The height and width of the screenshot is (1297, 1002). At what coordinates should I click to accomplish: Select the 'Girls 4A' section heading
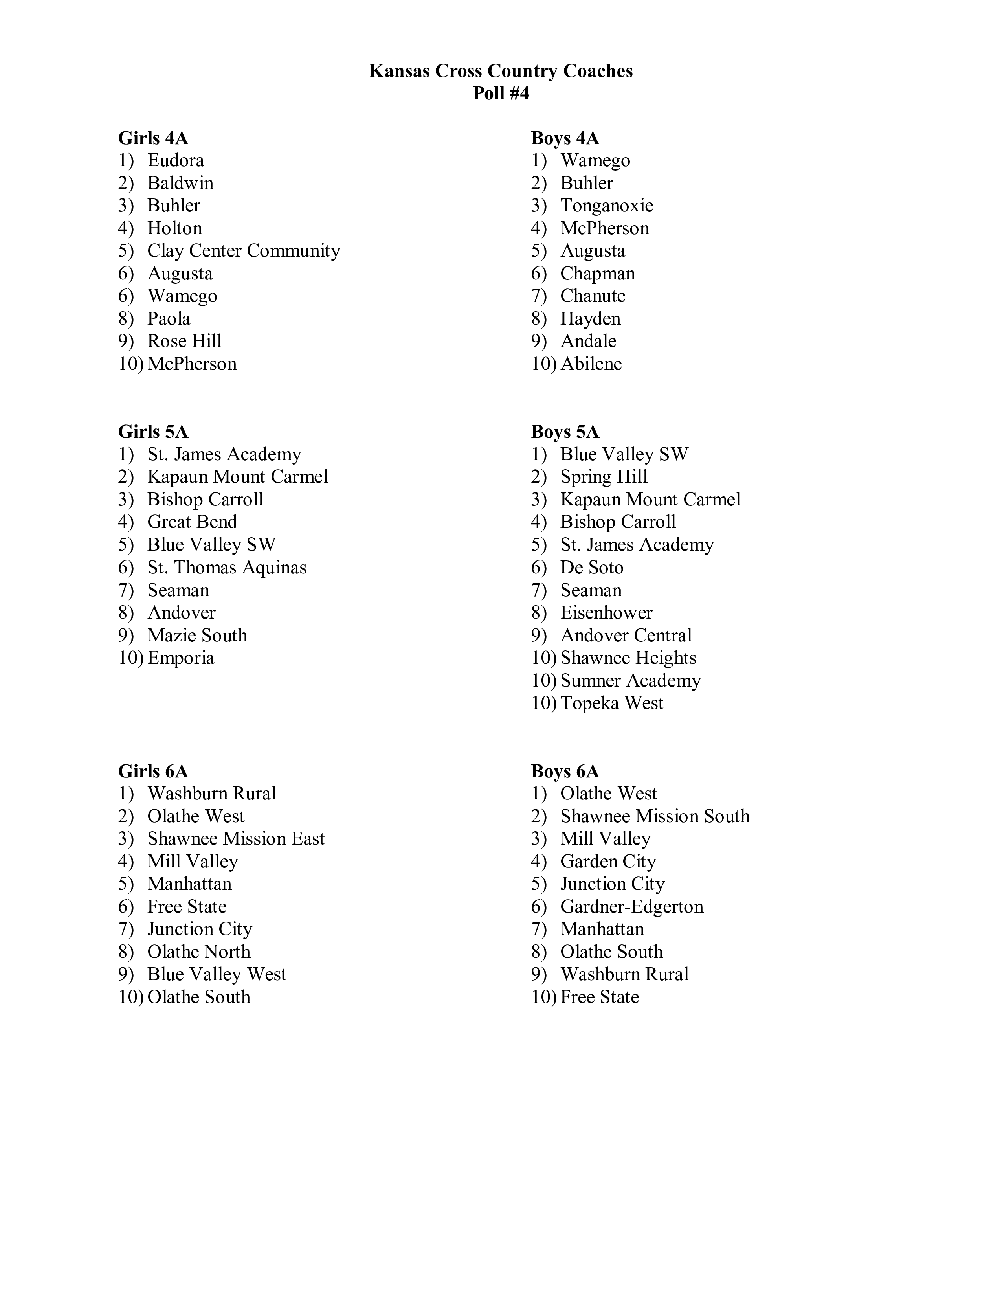click(153, 138)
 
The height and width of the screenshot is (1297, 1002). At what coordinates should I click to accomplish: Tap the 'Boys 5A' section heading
click(565, 432)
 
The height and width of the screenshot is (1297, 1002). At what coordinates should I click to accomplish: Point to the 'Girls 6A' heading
click(153, 772)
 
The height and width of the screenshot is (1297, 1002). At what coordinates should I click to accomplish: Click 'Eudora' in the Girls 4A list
click(176, 160)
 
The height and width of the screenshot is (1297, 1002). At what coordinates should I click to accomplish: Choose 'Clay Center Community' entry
click(243, 251)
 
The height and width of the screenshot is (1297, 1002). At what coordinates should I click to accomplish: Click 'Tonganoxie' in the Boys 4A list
click(607, 206)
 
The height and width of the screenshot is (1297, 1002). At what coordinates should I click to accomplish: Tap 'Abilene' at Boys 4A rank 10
click(591, 364)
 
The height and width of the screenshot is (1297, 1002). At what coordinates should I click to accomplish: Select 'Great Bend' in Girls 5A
click(192, 522)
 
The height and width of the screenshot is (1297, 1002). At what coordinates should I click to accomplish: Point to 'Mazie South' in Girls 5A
click(197, 636)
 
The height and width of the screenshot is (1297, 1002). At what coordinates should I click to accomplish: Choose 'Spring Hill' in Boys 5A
click(604, 477)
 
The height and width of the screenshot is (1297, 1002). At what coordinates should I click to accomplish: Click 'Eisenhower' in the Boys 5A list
click(606, 612)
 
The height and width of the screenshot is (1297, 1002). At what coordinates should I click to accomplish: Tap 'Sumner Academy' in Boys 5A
click(630, 681)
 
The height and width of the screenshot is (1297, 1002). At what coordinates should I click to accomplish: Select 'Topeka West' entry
click(612, 703)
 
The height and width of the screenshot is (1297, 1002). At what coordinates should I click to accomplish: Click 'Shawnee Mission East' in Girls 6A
click(236, 839)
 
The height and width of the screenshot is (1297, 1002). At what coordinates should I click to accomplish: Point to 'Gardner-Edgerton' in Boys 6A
click(631, 906)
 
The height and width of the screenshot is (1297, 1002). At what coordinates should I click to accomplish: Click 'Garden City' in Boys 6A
click(608, 861)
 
